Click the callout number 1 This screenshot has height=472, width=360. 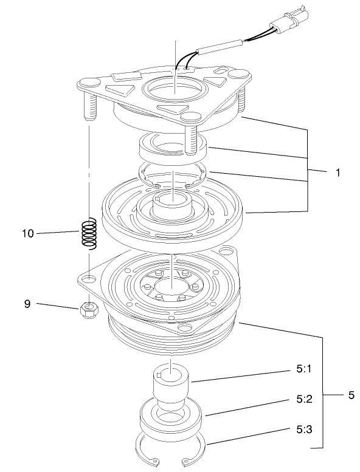pos(336,173)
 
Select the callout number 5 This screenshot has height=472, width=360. pos(351,395)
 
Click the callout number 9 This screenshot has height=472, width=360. pos(27,304)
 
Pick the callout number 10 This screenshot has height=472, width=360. pos(27,233)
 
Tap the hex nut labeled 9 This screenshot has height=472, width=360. pos(89,311)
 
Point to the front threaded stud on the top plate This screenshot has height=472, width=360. pos(193,137)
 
